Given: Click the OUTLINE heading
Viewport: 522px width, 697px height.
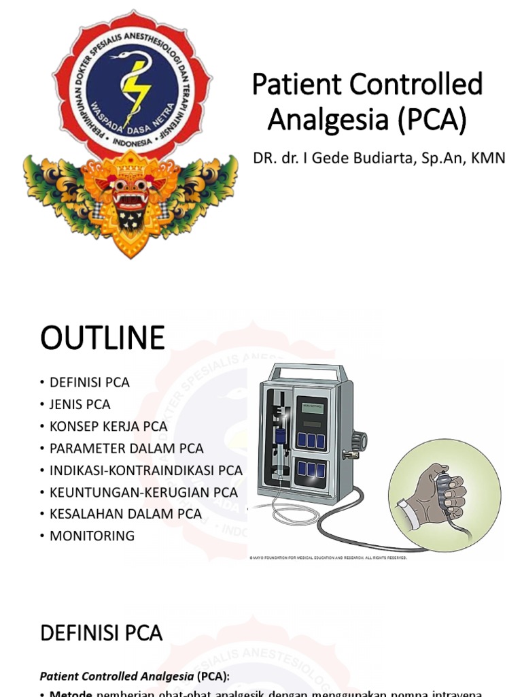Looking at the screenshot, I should tap(102, 338).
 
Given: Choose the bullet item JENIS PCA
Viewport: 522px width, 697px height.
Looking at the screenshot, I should tap(79, 404).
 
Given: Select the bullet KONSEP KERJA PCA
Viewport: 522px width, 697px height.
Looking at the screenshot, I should tap(108, 426).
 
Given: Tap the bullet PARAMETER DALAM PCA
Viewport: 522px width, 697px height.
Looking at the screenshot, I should tap(126, 448).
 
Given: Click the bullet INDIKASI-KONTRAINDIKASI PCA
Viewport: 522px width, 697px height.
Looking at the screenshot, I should tap(145, 470).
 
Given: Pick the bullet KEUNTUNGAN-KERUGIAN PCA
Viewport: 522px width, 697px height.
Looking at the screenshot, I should tap(143, 492).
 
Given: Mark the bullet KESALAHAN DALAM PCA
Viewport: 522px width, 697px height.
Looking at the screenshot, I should tap(125, 514).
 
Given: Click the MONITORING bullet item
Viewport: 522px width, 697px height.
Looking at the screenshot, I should tap(92, 536).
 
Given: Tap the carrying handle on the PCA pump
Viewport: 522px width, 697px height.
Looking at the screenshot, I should tap(306, 373).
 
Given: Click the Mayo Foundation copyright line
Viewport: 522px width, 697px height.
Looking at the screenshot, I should tap(328, 557).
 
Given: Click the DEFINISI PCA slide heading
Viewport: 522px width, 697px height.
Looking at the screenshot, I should tap(101, 634).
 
